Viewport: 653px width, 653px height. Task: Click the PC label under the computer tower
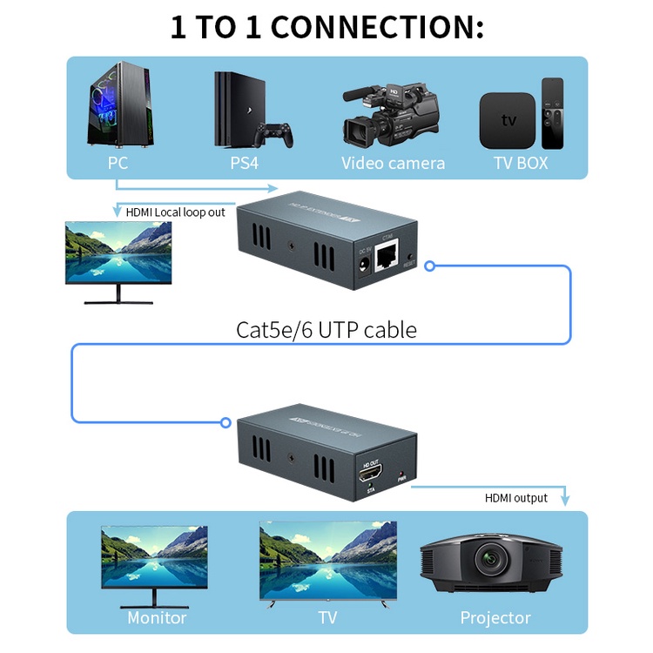(x=118, y=163)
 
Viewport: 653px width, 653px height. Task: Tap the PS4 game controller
(x=277, y=135)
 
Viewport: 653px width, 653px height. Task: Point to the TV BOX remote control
(x=553, y=113)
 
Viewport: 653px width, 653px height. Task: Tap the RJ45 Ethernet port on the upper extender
(x=387, y=259)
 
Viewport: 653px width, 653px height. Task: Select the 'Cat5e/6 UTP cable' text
(x=326, y=330)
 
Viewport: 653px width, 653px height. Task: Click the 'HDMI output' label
(x=516, y=498)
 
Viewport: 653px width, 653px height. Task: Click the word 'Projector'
(x=495, y=618)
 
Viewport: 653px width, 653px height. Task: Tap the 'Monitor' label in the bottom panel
(x=157, y=618)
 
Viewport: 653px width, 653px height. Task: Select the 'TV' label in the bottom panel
(x=327, y=618)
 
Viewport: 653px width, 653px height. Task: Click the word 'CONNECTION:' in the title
(x=377, y=27)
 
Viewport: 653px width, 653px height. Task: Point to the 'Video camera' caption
(x=393, y=163)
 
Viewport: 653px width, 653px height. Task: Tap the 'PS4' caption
(x=244, y=163)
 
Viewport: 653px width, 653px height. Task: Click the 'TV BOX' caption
(x=521, y=163)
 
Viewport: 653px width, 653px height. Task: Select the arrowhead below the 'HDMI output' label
(x=565, y=501)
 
